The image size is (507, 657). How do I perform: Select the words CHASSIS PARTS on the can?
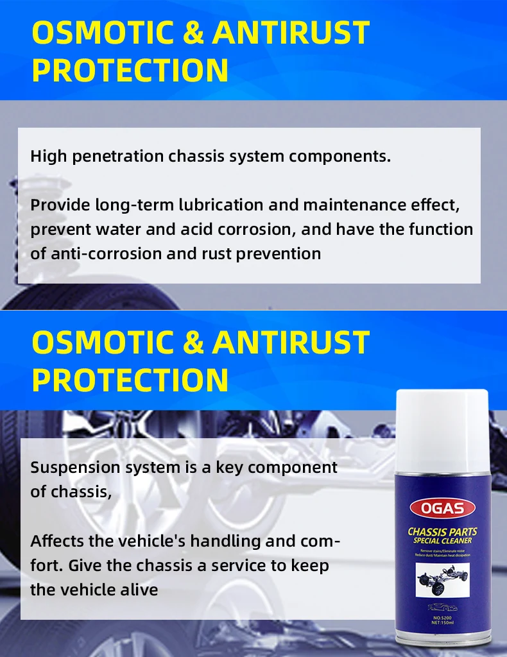442,532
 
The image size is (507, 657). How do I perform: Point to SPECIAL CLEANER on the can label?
442,542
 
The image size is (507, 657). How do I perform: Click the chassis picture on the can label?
442,580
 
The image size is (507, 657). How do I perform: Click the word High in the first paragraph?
49,156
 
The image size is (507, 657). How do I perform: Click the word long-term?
125,205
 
